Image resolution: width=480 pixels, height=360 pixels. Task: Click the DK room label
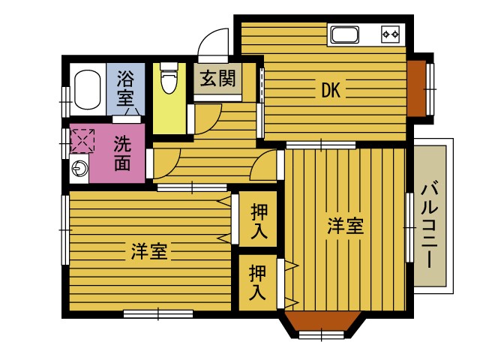coord(331,91)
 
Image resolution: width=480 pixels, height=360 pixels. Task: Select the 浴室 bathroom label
coord(126,87)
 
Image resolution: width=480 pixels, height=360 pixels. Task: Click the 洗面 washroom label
coord(123,154)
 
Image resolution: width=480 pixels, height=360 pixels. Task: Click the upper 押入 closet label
coord(258,220)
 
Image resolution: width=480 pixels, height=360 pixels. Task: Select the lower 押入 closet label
coord(258,283)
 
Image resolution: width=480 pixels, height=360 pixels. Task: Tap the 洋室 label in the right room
coord(345,226)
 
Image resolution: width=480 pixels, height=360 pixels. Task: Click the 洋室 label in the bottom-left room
coord(149,251)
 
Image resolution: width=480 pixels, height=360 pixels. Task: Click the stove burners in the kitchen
coord(390,34)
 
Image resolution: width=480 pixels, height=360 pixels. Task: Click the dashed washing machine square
coord(82,140)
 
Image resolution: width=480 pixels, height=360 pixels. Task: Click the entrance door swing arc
coord(214,41)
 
